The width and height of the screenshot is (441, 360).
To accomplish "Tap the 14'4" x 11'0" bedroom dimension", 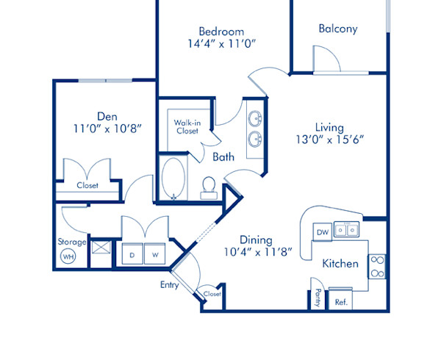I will (220, 43).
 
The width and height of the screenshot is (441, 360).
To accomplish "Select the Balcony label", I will (338, 29).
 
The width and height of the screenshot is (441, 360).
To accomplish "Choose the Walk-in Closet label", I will (187, 126).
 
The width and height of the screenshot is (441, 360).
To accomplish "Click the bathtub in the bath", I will (174, 179).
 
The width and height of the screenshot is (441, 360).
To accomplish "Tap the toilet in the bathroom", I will (208, 188).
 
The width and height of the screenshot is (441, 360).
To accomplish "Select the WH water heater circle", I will (68, 257).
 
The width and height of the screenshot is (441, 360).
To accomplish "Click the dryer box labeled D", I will (132, 255).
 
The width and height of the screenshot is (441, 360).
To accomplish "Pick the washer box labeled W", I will (155, 255).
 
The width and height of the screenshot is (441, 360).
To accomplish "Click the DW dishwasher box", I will (322, 232).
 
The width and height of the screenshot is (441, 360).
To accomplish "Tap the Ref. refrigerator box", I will (341, 301).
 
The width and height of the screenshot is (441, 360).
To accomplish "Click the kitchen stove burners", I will (376, 267).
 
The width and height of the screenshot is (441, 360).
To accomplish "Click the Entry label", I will (170, 284).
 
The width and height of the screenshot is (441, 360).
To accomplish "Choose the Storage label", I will (72, 241).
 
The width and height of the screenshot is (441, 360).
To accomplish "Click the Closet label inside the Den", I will (87, 185).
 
